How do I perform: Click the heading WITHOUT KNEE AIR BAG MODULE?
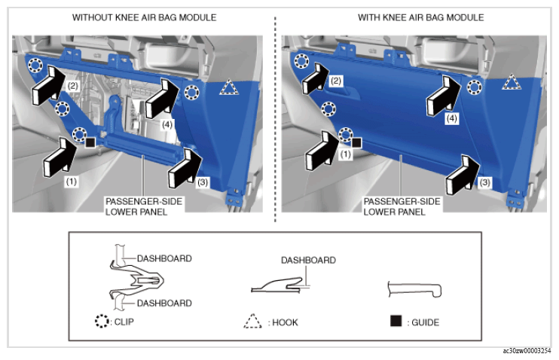click(x=144, y=17)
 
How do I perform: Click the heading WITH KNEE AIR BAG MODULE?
click(x=420, y=17)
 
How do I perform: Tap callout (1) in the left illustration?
click(x=72, y=182)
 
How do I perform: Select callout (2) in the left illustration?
click(x=73, y=86)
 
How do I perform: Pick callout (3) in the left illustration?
click(x=203, y=182)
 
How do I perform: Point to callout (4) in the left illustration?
click(x=167, y=124)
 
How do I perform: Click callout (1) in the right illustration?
click(x=345, y=154)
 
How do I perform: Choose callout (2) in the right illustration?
click(x=336, y=81)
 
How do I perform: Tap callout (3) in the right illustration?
click(x=484, y=182)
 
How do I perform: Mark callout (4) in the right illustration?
click(x=452, y=118)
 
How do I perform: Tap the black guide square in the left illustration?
click(x=90, y=142)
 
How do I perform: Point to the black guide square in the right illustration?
click(x=356, y=143)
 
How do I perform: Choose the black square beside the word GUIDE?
click(x=396, y=321)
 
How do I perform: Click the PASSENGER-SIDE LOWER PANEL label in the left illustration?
click(x=144, y=206)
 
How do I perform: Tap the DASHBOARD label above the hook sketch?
click(x=308, y=260)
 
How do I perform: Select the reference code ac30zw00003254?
click(x=527, y=351)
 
